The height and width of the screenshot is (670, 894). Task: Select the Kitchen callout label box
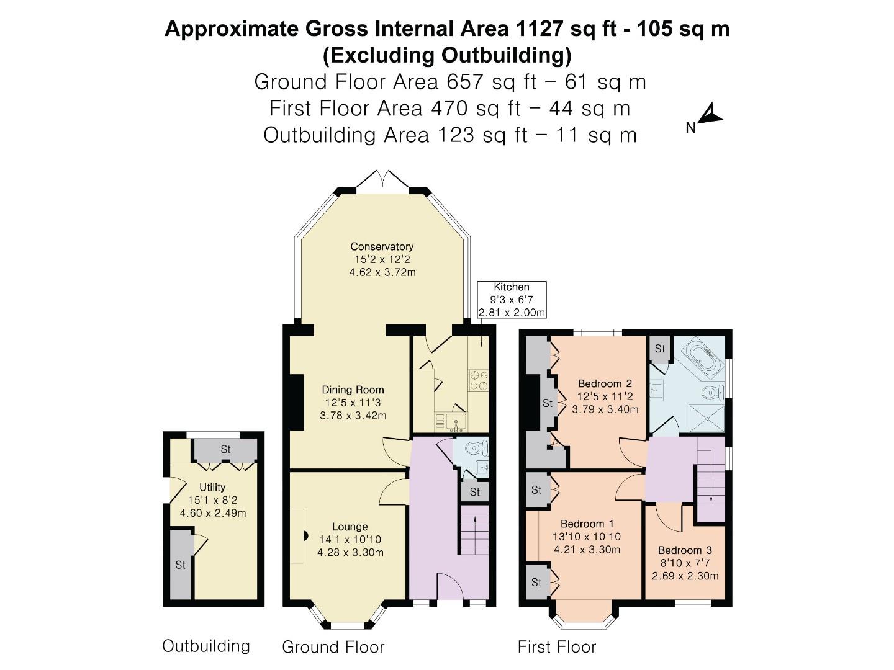click(x=512, y=300)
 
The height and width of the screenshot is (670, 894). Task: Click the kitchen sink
click(x=456, y=422)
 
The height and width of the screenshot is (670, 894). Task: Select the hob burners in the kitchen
click(x=478, y=380)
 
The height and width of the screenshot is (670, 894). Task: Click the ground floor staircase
click(x=475, y=530)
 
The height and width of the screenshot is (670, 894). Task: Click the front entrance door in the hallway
click(x=452, y=586)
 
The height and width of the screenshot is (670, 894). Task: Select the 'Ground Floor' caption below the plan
click(x=333, y=647)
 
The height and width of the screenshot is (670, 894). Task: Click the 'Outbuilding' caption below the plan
click(x=206, y=646)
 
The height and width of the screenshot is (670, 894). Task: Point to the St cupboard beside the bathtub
click(x=659, y=349)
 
